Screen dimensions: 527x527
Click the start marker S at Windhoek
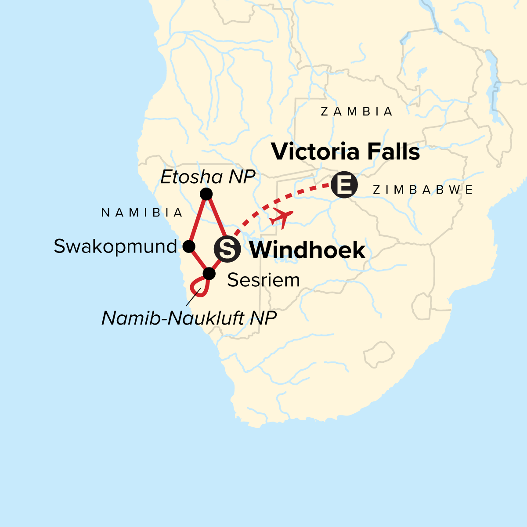click(227, 249)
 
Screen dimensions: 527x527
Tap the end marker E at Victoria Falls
click(344, 185)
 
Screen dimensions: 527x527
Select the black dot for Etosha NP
click(206, 194)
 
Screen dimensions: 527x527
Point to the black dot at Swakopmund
click(189, 246)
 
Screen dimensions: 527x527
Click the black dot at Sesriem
click(209, 274)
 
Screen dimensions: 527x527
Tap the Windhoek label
click(307, 250)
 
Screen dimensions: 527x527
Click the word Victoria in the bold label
click(315, 152)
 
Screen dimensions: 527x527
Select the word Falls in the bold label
click(393, 152)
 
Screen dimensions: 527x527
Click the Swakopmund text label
click(116, 246)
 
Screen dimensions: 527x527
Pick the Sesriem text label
click(263, 280)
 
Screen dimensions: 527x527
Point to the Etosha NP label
click(208, 177)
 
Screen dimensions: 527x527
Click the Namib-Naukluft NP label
click(189, 318)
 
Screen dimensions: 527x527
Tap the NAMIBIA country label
click(142, 213)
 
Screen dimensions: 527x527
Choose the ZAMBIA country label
click(357, 112)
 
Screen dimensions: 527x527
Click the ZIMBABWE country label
click(422, 190)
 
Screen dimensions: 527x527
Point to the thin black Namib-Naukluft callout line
click(192, 299)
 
